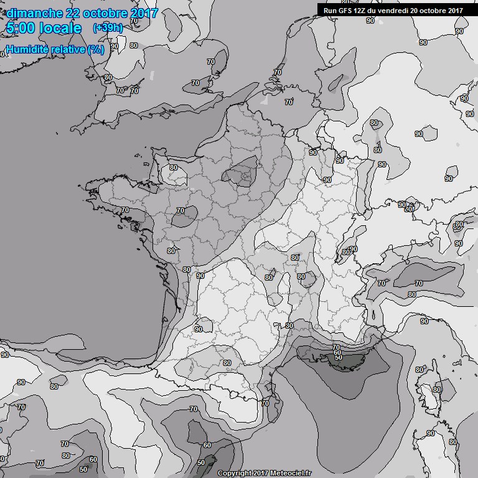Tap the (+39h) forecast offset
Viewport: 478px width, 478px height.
(x=107, y=28)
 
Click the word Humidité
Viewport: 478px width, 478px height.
(x=27, y=49)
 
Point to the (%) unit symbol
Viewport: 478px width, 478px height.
(x=96, y=49)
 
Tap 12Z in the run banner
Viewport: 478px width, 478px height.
(x=362, y=10)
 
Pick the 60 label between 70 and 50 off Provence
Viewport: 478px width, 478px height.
(x=337, y=352)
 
